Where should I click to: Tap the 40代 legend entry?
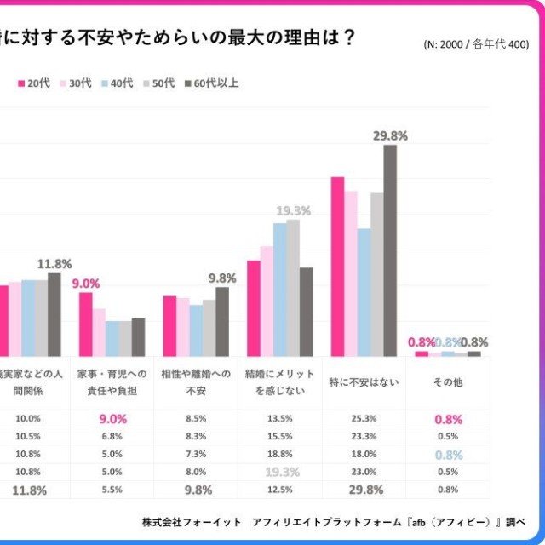tap(117, 83)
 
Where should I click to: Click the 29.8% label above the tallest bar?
tap(390, 135)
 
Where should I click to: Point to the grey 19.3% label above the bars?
tap(292, 210)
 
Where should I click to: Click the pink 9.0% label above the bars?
tap(85, 284)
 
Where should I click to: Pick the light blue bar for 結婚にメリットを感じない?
tap(279, 290)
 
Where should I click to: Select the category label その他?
tap(448, 383)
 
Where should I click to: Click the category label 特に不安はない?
tap(364, 383)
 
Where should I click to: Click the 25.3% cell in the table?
tap(364, 418)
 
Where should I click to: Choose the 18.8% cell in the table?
tap(280, 454)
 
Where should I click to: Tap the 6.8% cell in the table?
tap(112, 436)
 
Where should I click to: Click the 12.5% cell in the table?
tap(280, 490)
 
